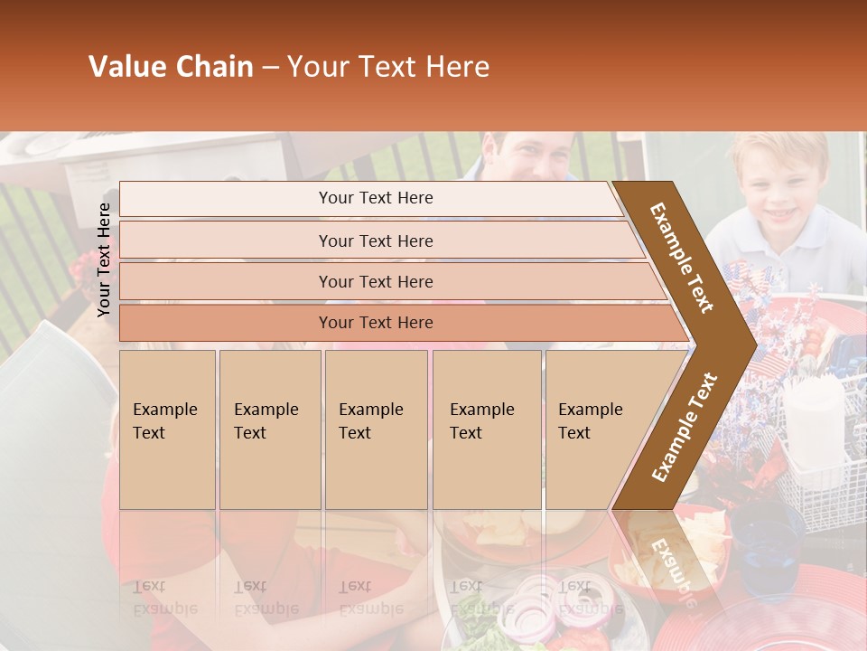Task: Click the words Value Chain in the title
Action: [171, 67]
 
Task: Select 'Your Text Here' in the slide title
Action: [388, 67]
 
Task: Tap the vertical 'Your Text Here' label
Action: [104, 259]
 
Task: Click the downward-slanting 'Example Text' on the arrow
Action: [682, 258]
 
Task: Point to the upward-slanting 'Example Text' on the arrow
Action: [685, 427]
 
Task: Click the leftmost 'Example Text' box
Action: [167, 429]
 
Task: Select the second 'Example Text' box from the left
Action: [269, 429]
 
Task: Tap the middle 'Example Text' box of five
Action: [376, 429]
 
